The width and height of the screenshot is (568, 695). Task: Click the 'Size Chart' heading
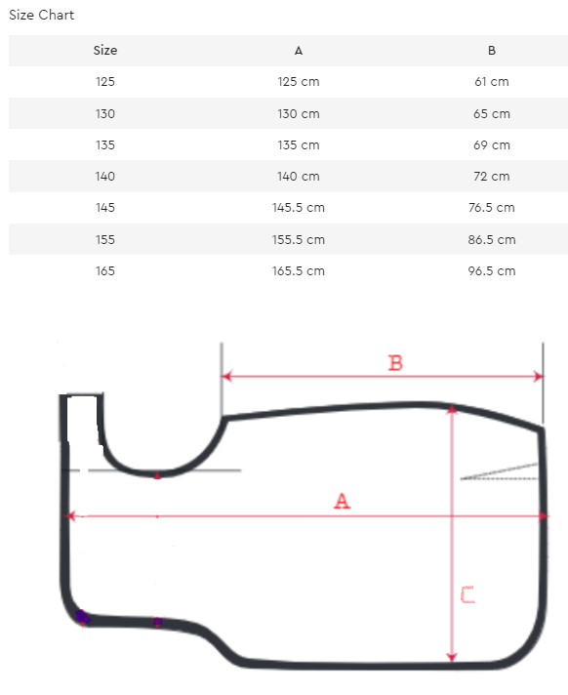pyautogui.click(x=41, y=15)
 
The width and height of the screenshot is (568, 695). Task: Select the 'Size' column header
pyautogui.click(x=105, y=51)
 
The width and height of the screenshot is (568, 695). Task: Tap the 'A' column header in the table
pyautogui.click(x=299, y=51)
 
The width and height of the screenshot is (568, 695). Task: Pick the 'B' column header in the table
pyautogui.click(x=491, y=51)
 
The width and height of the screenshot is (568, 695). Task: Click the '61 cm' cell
pyautogui.click(x=491, y=82)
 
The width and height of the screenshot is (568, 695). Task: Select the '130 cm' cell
pyautogui.click(x=299, y=114)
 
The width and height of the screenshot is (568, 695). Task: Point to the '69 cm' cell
pyautogui.click(x=491, y=144)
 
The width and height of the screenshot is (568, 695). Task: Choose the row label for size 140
pyautogui.click(x=105, y=177)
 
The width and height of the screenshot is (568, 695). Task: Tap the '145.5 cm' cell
pyautogui.click(x=299, y=208)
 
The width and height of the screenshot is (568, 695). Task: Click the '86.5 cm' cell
pyautogui.click(x=491, y=240)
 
